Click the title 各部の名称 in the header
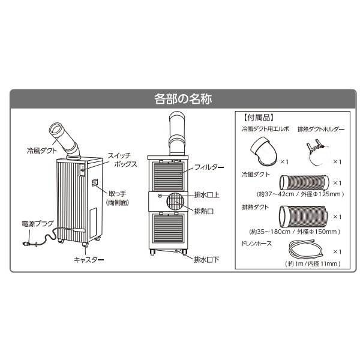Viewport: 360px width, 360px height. pyautogui.click(x=183, y=99)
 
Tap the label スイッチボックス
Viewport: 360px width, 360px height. pyautogui.click(x=122, y=160)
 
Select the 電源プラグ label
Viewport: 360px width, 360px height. pyautogui.click(x=38, y=224)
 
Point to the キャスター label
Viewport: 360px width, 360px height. pyautogui.click(x=89, y=260)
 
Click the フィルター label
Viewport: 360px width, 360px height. pyautogui.click(x=209, y=167)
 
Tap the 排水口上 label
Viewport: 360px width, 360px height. pyautogui.click(x=207, y=195)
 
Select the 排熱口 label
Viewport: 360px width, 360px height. pyautogui.click(x=204, y=211)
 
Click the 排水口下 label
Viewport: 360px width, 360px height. pyautogui.click(x=206, y=260)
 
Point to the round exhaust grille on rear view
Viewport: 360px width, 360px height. pyautogui.click(x=175, y=202)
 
